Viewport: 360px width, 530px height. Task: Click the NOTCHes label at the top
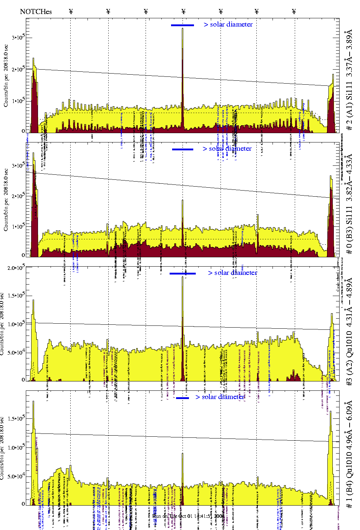pyautogui.click(x=36, y=11)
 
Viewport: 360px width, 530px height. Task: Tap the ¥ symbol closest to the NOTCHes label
pyautogui.click(x=71, y=11)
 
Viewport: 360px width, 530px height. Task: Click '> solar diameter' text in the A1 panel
pyautogui.click(x=228, y=24)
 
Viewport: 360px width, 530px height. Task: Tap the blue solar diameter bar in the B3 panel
pyautogui.click(x=183, y=149)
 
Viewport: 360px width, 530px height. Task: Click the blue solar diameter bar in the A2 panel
pyautogui.click(x=183, y=273)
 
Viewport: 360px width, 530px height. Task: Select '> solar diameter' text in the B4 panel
pyautogui.click(x=220, y=397)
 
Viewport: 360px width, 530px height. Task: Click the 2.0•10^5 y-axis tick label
pyautogui.click(x=16, y=268)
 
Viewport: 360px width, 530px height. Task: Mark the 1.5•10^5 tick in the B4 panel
pyautogui.click(x=16, y=418)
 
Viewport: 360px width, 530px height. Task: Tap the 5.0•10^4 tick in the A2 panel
pyautogui.click(x=16, y=352)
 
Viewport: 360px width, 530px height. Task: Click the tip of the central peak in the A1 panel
pyautogui.click(x=183, y=28)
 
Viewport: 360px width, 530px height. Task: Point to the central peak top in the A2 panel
pyautogui.click(x=183, y=277)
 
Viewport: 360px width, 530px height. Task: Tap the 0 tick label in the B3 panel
pyautogui.click(x=23, y=255)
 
